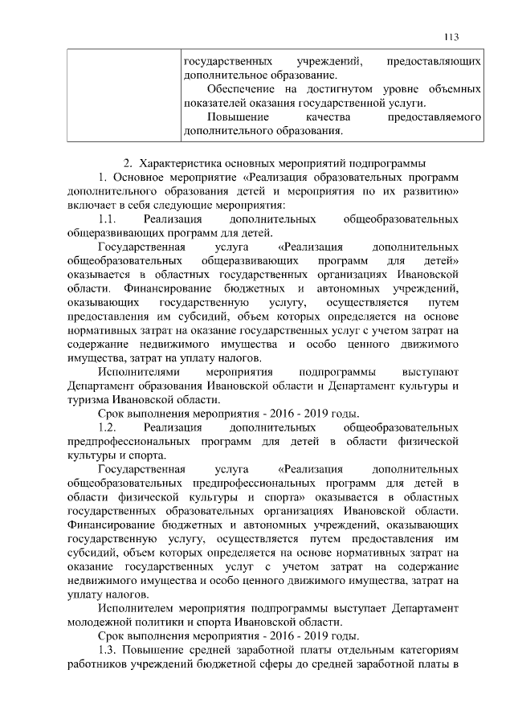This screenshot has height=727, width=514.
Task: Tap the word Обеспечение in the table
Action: coord(241,88)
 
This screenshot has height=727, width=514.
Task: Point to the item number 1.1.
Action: coord(108,219)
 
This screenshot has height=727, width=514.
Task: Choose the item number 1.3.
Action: coord(108,649)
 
